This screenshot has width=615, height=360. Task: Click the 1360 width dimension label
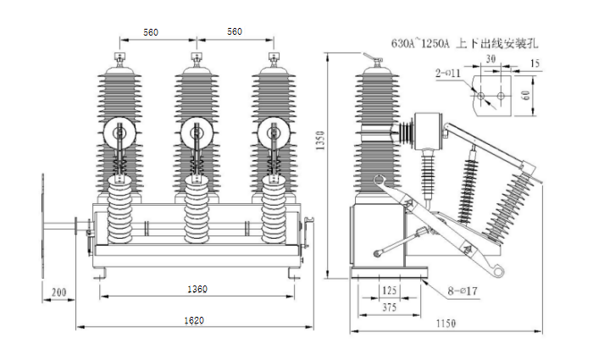pos(197,290)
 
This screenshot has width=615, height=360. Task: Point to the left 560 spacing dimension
pos(150,32)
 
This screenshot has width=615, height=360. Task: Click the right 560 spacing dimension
pos(235,32)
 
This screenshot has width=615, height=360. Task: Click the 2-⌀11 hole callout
pos(448,75)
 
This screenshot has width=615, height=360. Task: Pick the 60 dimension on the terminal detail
pos(525,95)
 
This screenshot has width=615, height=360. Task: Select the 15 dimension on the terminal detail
pos(534,64)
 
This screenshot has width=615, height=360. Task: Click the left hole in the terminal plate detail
pos(481,96)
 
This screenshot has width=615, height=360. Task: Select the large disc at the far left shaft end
pos(42,224)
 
